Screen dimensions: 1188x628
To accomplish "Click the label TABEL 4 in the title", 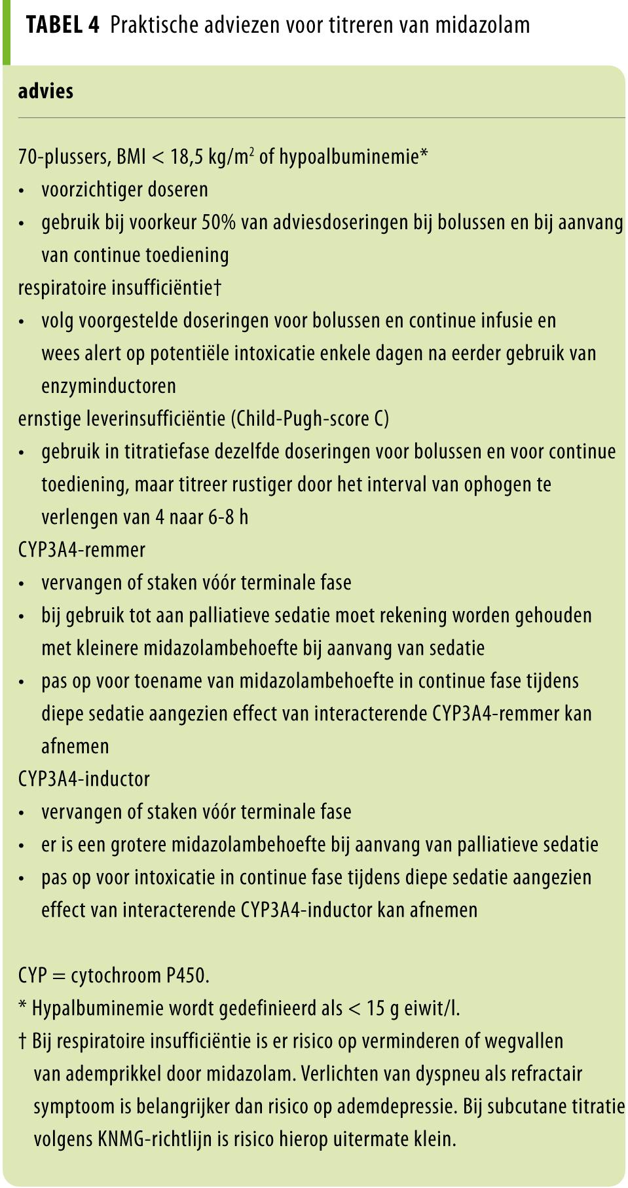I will (x=62, y=25).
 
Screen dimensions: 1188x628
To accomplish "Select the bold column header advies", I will (x=45, y=91).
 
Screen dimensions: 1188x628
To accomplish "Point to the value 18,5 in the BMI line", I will (x=187, y=157).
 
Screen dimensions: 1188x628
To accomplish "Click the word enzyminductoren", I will (x=109, y=386).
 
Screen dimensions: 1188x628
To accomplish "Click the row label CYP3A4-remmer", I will (x=82, y=549).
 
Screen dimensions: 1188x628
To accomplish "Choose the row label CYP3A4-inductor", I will (x=84, y=779).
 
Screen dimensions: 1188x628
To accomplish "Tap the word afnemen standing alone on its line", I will (x=75, y=746).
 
